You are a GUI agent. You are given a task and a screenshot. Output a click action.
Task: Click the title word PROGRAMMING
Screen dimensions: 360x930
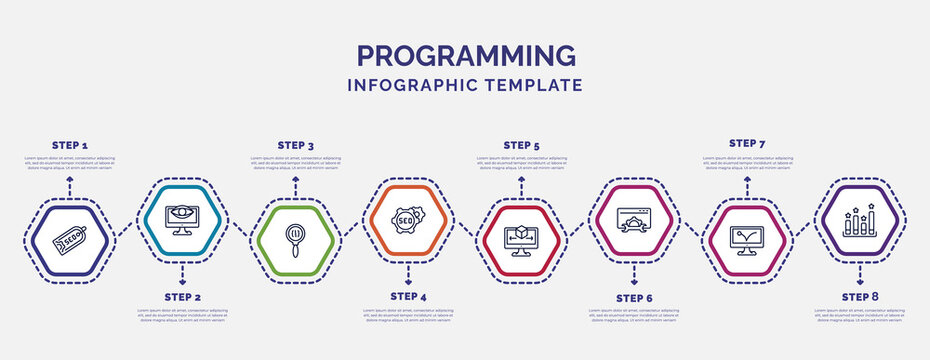coord(465,55)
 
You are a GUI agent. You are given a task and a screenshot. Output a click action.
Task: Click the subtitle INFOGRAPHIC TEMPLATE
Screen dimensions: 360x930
coord(465,85)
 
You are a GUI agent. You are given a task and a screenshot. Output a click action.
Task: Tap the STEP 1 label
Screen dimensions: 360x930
coord(70,145)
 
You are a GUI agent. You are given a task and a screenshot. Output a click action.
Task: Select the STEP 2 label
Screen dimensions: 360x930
coord(182,297)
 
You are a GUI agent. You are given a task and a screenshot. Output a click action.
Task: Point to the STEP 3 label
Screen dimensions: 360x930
coord(295,145)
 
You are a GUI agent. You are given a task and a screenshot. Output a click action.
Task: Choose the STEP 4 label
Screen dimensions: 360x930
coord(408,297)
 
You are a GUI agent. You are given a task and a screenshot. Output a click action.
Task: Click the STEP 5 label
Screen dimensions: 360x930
coord(521,145)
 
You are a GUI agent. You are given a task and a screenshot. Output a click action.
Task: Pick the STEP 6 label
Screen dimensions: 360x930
coord(634,298)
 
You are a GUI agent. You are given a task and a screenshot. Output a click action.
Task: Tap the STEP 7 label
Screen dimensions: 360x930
coord(747,143)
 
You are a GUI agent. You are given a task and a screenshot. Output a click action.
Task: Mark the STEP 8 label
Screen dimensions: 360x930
coord(860,297)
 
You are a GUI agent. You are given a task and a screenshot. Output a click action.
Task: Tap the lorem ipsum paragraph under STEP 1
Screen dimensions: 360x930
coord(70,163)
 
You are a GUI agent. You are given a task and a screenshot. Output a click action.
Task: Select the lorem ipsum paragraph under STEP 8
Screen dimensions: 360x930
coord(860,315)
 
